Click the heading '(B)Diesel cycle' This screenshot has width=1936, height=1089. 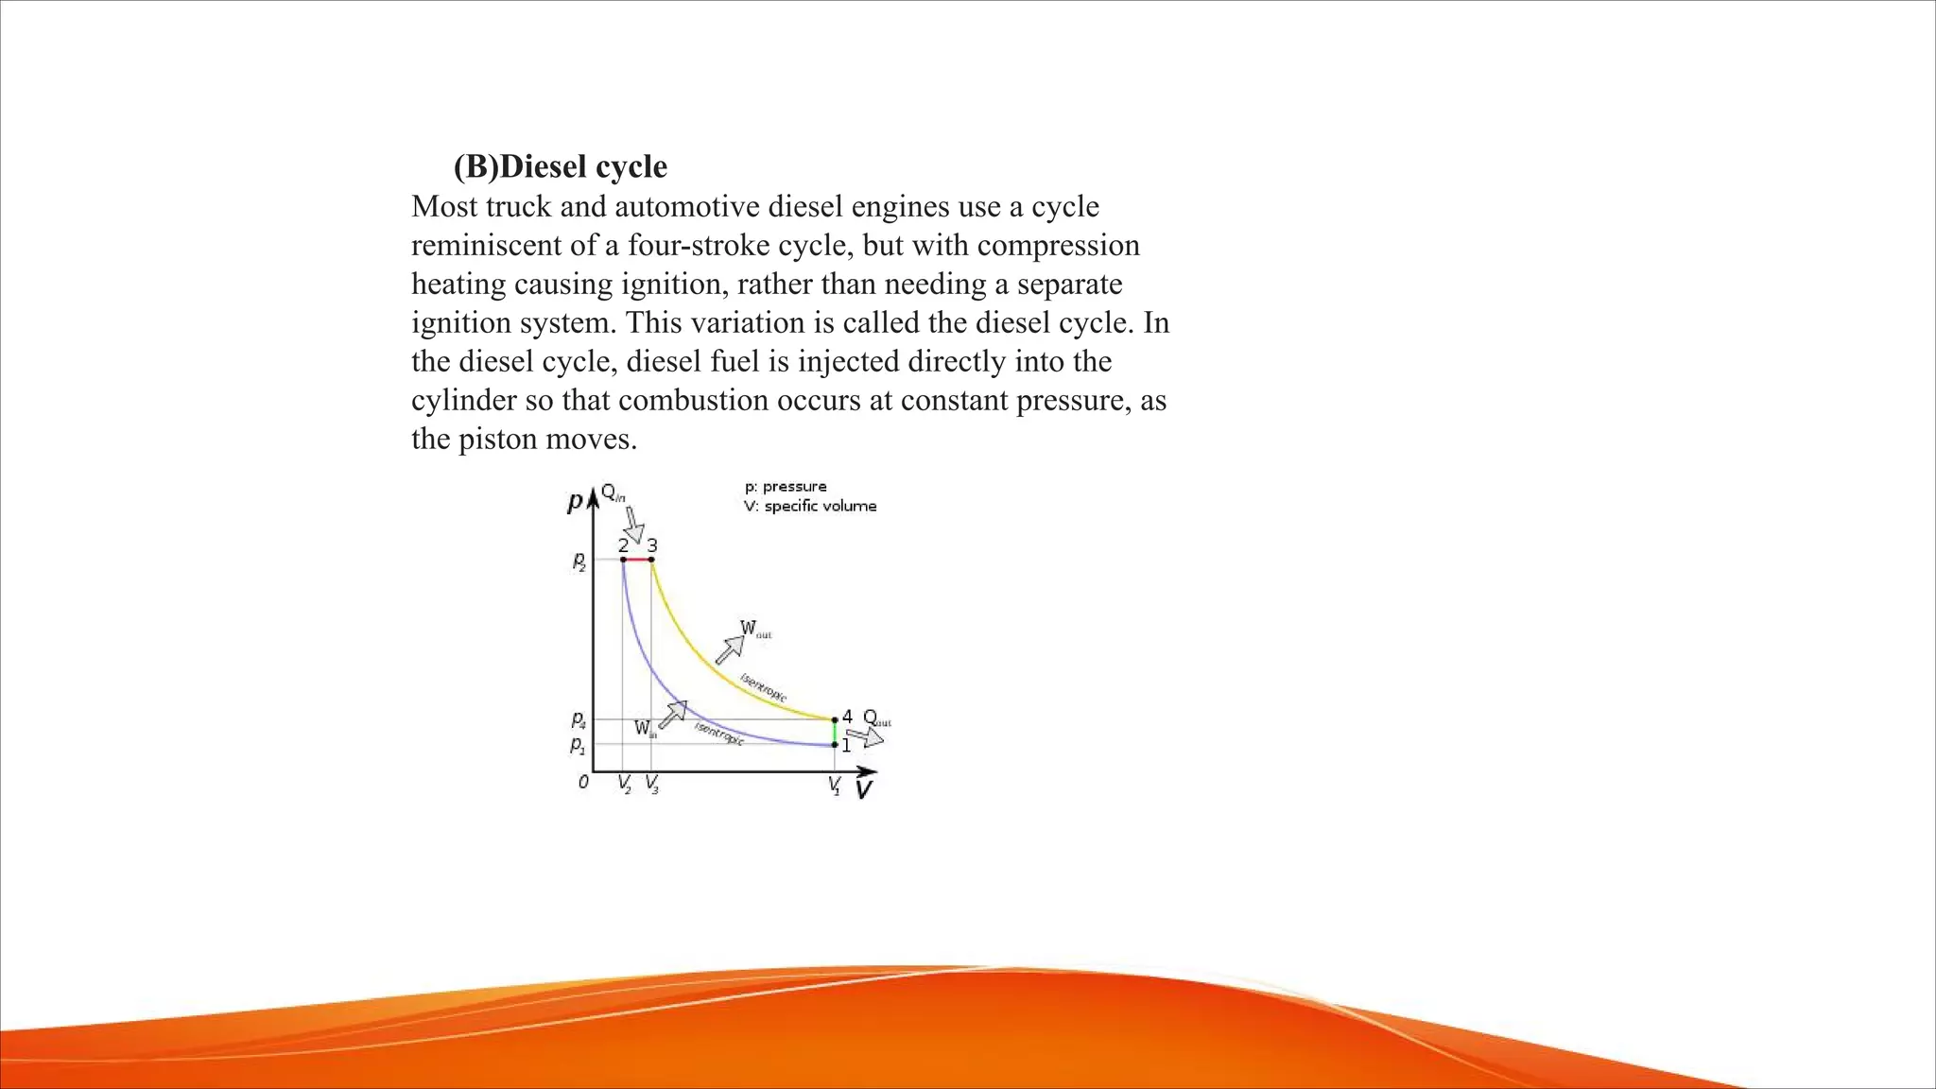[560, 166]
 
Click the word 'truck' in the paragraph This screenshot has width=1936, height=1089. [517, 206]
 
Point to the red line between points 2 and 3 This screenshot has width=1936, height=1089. [637, 560]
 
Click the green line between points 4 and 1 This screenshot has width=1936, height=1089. [835, 733]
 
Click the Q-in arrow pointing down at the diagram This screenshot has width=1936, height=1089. [633, 524]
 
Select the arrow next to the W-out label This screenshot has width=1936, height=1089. [729, 649]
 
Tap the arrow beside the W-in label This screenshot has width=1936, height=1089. [672, 715]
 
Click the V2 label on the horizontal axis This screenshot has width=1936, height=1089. [624, 784]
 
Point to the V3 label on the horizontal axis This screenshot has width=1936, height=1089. [652, 784]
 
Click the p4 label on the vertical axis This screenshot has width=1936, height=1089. [578, 722]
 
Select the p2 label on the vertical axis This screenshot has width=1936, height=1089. [579, 562]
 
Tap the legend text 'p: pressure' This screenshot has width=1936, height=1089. [786, 487]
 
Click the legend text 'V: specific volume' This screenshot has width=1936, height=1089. [810, 507]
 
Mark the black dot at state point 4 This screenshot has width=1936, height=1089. [835, 720]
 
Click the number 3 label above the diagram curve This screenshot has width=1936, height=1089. [652, 545]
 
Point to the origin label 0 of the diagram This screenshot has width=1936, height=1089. [583, 782]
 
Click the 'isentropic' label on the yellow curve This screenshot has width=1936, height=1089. [763, 687]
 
